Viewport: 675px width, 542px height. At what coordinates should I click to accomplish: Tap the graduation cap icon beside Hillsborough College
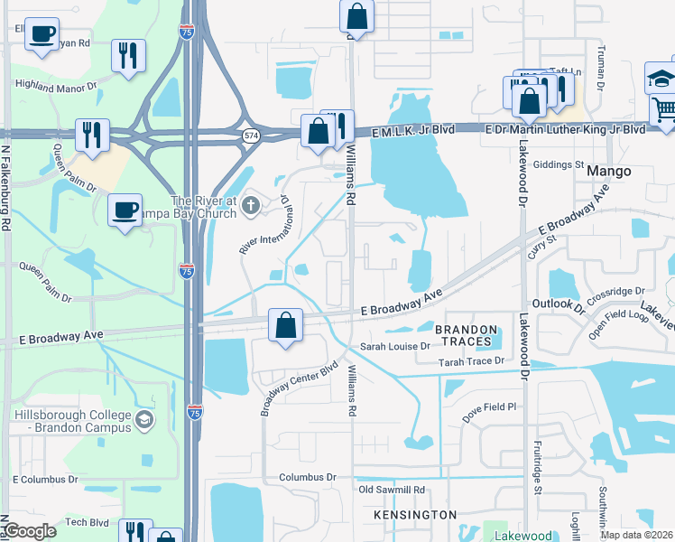tap(143, 420)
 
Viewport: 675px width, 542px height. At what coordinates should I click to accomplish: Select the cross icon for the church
tap(252, 208)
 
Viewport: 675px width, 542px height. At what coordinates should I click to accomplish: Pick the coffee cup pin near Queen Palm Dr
tap(125, 210)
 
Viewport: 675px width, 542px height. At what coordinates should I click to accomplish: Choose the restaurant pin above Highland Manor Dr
tap(128, 56)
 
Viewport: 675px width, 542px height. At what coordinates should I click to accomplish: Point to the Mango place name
tap(608, 170)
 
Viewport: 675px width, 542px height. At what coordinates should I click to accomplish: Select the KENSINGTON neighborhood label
tap(416, 514)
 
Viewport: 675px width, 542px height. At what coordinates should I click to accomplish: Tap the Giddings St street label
tap(559, 164)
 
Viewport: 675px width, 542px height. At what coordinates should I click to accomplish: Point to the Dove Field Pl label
tap(489, 407)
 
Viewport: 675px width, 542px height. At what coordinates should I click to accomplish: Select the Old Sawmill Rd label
tap(392, 490)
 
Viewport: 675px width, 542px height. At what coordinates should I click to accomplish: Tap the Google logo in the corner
tap(30, 531)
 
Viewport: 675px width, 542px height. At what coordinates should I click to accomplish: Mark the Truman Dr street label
tap(599, 72)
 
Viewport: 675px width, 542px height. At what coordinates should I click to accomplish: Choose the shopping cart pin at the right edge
tap(663, 112)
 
